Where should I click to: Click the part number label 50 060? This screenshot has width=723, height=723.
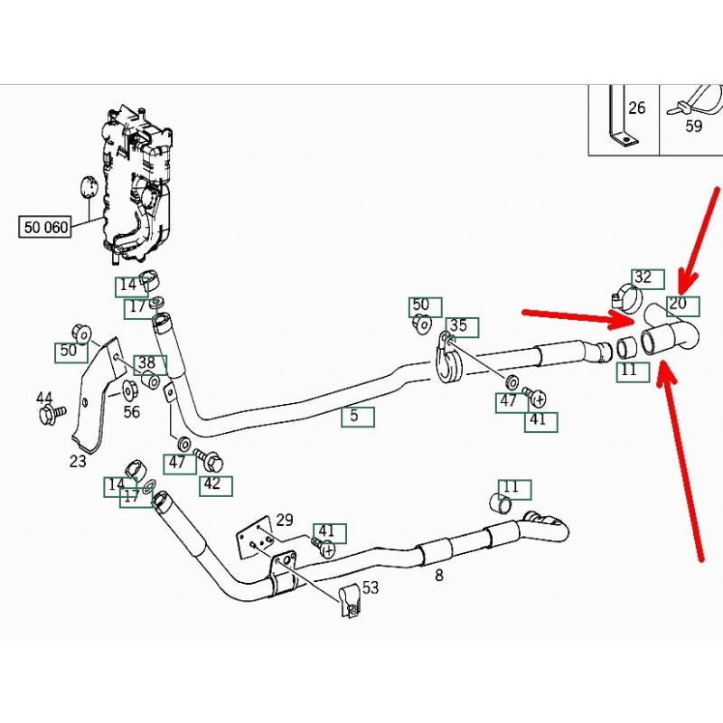[x=45, y=227]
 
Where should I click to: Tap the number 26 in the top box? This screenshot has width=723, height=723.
[x=636, y=108]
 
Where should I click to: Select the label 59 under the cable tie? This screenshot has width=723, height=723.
[x=693, y=127]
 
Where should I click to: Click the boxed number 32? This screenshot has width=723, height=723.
[x=643, y=277]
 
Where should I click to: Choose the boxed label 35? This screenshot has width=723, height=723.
[x=458, y=326]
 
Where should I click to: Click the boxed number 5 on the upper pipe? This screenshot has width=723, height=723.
[x=355, y=417]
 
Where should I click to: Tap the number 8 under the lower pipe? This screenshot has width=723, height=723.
[x=439, y=574]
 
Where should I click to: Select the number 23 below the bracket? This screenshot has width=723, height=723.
[x=78, y=462]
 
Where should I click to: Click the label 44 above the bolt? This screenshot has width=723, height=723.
[x=44, y=398]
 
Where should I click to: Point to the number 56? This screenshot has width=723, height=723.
[x=132, y=411]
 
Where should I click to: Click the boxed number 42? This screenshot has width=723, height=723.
[x=211, y=484]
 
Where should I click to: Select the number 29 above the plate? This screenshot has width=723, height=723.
[x=285, y=520]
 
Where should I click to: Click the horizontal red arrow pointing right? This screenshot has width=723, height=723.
[x=578, y=315]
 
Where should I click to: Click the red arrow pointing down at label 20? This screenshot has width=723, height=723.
[x=700, y=235]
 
